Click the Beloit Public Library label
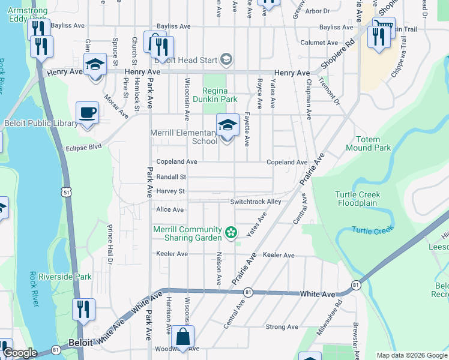click(x=41, y=124)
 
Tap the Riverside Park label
click(x=65, y=277)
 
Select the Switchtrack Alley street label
click(x=255, y=202)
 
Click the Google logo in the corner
click(x=20, y=353)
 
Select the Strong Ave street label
click(x=283, y=327)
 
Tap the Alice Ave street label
click(x=170, y=210)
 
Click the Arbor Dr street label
click(x=318, y=11)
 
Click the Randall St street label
click(x=171, y=178)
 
